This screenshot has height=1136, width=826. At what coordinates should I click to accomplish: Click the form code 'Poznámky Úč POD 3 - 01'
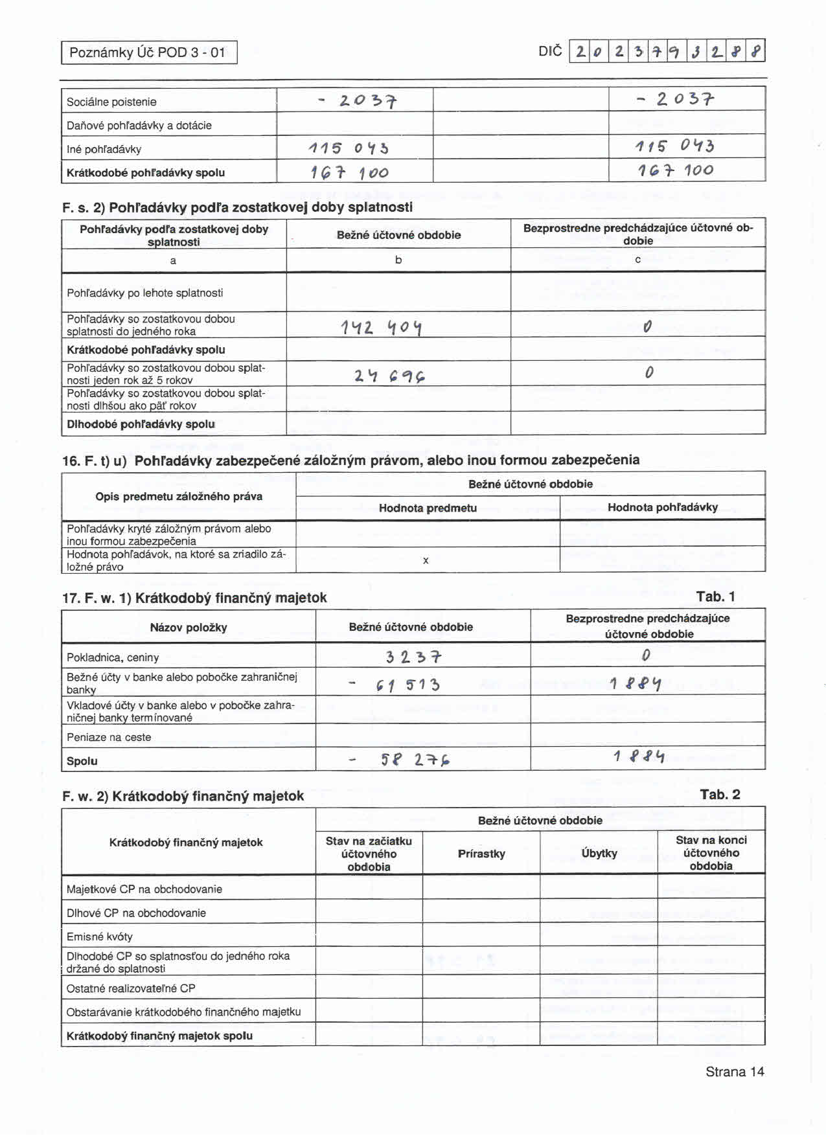pos(148,52)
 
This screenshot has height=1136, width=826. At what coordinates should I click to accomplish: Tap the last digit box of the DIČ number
pos(757,51)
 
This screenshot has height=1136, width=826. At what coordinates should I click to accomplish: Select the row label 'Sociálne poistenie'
pos(111,102)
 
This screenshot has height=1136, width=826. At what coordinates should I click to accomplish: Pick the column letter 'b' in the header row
pos(398,260)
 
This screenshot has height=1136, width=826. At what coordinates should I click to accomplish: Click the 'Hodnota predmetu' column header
pos(428,508)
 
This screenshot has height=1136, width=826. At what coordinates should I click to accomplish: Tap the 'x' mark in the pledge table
pos(426,560)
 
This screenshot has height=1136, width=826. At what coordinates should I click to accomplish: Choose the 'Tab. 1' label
pos(715,596)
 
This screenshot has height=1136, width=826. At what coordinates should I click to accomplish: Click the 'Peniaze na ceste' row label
pos(109,737)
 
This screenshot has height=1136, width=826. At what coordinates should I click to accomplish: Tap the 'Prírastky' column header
pos(481,854)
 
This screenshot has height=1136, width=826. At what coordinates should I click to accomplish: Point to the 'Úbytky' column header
pos(599,854)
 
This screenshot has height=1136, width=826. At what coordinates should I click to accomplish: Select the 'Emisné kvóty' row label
pos(99,937)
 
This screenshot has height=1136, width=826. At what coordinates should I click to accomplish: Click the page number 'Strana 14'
pos(735,1072)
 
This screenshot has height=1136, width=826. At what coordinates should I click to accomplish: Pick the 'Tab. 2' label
pos(720,795)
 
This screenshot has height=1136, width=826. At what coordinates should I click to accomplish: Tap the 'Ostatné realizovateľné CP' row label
pos(131,988)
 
